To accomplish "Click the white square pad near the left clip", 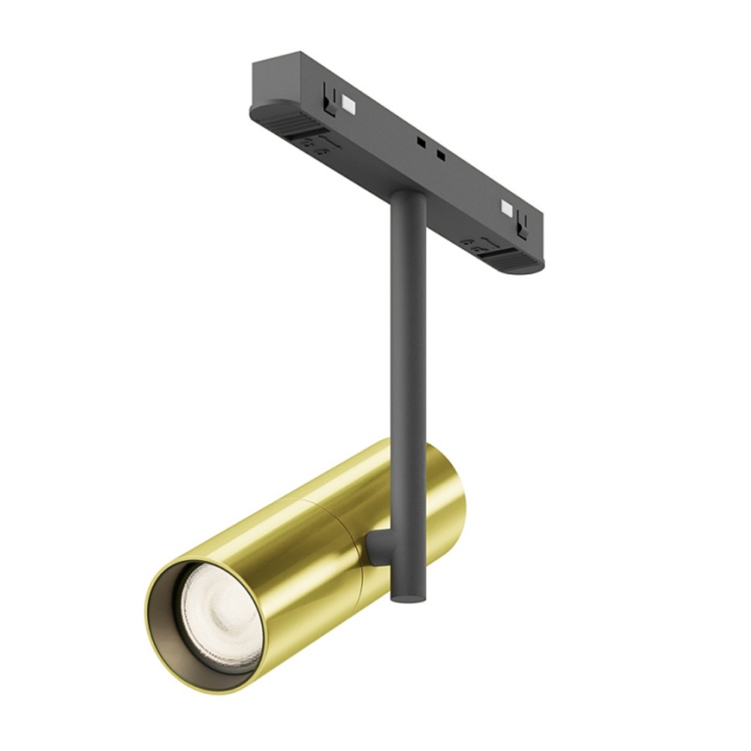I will tap(348, 101).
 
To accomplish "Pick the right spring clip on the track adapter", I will tap(523, 221).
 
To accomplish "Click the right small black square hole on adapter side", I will tap(441, 156).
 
